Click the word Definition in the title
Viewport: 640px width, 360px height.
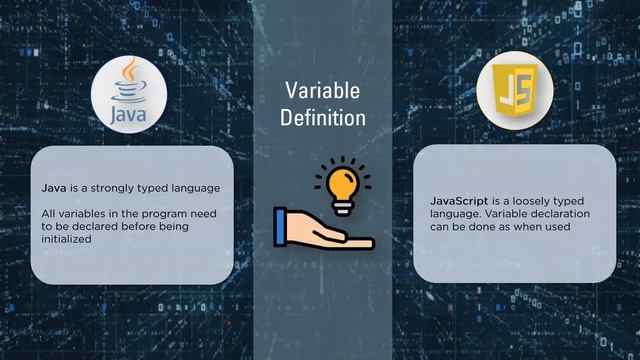click(321, 118)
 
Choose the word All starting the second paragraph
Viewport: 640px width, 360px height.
click(49, 213)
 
